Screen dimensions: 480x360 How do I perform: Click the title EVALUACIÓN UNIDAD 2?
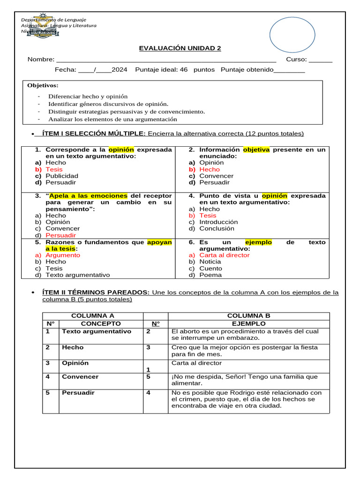[180, 48]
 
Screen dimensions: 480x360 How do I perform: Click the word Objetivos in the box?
[43, 85]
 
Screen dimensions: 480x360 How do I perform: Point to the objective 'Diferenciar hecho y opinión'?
[88, 96]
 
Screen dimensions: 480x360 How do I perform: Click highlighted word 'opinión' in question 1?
[121, 150]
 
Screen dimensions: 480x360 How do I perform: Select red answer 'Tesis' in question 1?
[54, 169]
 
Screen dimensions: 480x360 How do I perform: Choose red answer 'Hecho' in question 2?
[209, 169]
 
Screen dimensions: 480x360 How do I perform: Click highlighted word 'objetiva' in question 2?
[256, 150]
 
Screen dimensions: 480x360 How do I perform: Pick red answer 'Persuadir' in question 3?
[60, 235]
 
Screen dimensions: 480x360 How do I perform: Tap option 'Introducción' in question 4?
[218, 222]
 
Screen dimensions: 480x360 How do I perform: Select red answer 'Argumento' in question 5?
[63, 255]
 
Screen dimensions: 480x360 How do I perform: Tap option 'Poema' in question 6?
[210, 275]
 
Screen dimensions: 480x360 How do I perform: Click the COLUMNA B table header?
[248, 316]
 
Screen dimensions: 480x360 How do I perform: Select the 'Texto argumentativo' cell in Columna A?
[97, 331]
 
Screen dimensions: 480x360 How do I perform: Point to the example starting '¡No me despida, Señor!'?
[244, 380]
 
